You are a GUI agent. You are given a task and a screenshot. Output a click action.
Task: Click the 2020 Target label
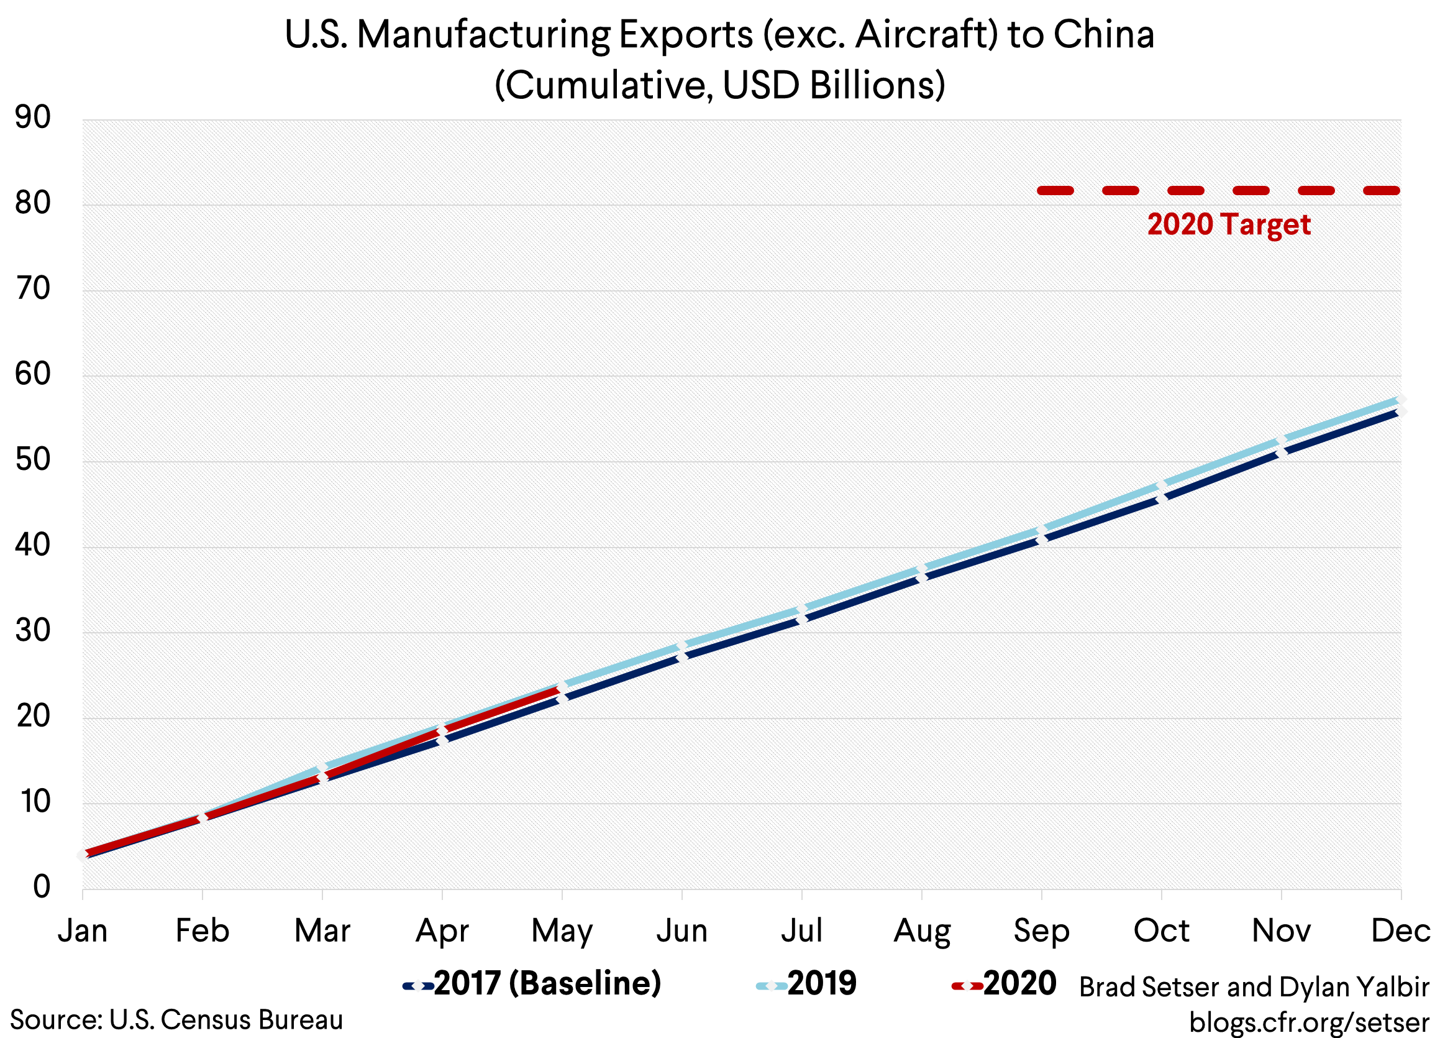click(1229, 224)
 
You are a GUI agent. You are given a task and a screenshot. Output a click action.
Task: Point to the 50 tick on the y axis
click(32, 459)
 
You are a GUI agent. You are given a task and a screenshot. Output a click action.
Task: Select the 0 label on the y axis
click(41, 886)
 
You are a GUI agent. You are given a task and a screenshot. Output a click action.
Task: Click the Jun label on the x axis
click(681, 930)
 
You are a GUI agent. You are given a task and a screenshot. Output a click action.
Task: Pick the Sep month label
click(1041, 930)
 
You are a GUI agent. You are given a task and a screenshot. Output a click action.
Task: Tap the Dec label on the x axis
click(1401, 930)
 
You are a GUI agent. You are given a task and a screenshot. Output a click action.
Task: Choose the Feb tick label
click(202, 930)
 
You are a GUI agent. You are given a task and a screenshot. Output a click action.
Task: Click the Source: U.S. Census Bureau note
click(176, 1019)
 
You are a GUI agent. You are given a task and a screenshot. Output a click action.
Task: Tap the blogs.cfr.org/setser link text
click(1308, 1022)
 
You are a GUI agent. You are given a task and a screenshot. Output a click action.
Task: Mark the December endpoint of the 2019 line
click(1400, 400)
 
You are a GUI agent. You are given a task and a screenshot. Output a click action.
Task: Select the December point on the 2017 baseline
click(1400, 411)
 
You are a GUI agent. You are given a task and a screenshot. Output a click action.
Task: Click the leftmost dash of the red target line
click(1055, 191)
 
